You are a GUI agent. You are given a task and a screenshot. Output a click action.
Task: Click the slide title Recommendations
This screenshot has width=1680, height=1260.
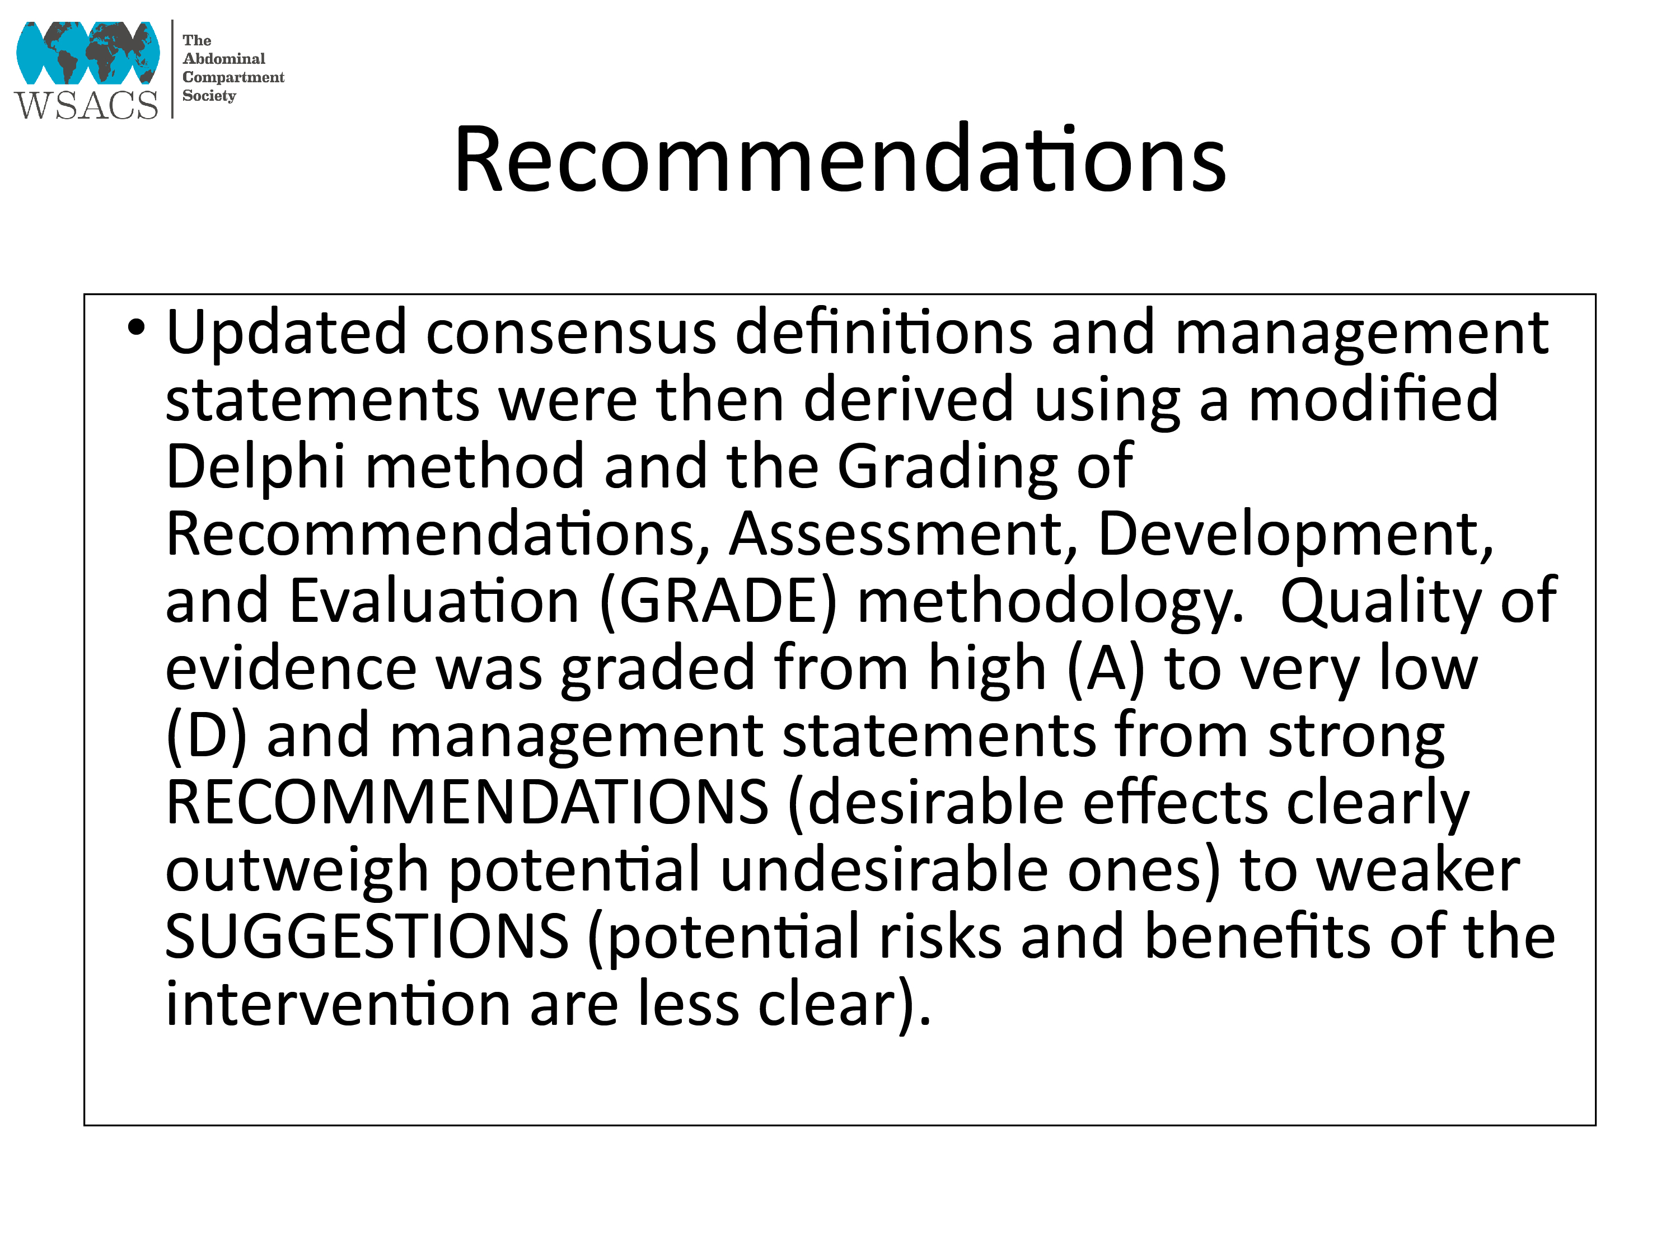839,160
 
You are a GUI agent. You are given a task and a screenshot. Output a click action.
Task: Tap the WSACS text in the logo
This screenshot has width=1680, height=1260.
86,105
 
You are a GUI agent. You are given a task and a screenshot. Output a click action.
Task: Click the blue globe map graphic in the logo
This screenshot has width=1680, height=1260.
88,53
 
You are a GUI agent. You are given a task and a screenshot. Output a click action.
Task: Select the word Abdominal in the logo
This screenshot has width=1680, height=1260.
224,58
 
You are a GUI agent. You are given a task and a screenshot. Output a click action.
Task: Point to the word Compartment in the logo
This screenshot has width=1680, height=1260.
233,77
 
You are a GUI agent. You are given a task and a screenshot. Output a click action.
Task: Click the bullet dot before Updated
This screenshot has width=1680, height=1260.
136,328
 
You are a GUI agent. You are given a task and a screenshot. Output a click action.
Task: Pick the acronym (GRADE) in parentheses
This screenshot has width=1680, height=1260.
718,603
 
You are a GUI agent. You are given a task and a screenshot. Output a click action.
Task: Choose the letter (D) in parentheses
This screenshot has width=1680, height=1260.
207,737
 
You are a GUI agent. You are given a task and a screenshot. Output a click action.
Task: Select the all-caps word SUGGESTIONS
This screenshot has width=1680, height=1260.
367,936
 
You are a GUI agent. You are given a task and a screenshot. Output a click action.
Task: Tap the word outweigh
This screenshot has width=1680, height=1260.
297,871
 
